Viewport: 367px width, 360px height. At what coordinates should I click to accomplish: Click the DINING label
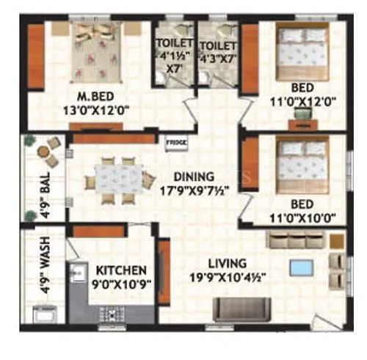(x=194, y=176)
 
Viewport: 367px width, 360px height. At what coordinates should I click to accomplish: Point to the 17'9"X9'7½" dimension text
(x=194, y=190)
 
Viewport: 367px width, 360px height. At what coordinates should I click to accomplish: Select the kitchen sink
(x=76, y=273)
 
